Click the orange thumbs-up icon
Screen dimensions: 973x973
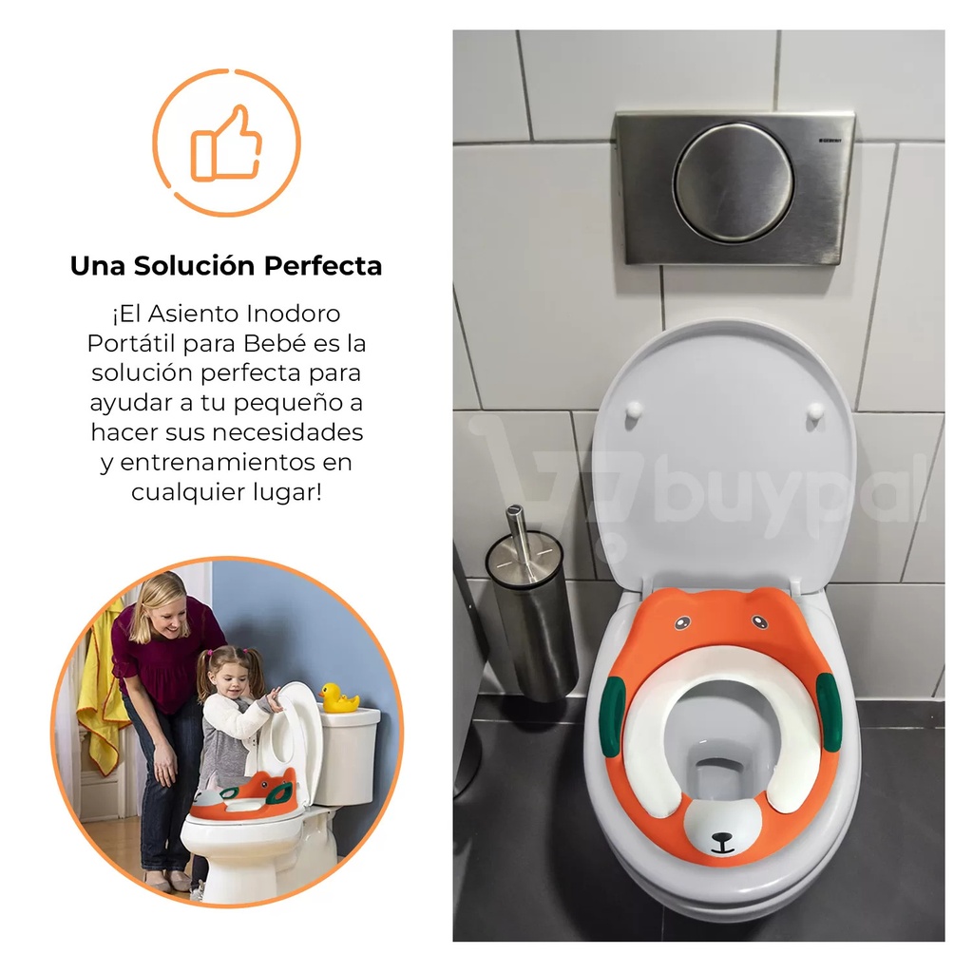pos(226,143)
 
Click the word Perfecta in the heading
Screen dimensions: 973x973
pos(323,266)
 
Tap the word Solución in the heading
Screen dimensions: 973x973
pos(194,266)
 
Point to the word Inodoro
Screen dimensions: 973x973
pos(293,314)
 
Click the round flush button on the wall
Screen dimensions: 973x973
pos(735,183)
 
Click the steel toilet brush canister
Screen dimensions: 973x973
pos(532,617)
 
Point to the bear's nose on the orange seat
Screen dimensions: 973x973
pos(722,839)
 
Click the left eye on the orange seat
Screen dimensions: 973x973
pos(682,622)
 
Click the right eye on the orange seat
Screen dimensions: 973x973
pos(759,621)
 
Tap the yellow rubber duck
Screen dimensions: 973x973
pos(338,697)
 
